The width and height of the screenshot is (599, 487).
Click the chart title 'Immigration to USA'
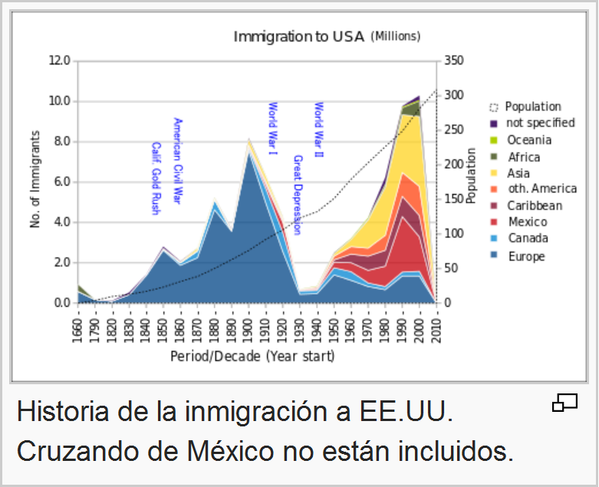pos(300,36)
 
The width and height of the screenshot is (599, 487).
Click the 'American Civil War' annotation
pos(177,160)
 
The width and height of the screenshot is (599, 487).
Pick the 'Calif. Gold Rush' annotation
pos(155,178)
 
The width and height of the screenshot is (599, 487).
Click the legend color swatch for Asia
pos(494,173)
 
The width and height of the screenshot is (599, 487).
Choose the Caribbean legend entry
pos(534,206)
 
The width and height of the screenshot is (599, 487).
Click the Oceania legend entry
pos(528,140)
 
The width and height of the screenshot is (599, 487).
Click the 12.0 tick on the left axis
pos(60,61)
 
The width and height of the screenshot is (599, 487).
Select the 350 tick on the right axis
pos(453,61)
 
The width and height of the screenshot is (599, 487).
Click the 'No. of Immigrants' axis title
pos(35,179)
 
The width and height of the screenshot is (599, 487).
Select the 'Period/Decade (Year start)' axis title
pos(252,357)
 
